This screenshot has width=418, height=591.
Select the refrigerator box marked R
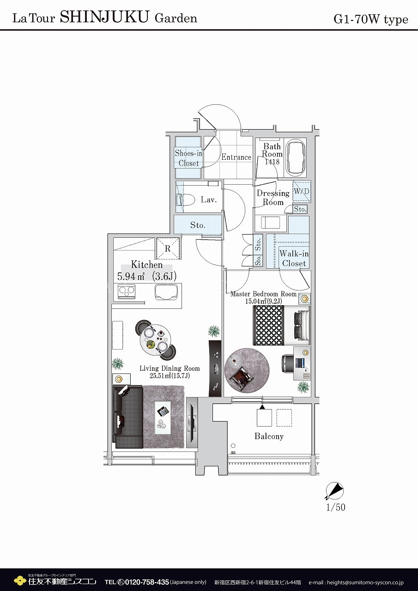pos(168,248)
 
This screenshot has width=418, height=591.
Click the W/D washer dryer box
pos(302,191)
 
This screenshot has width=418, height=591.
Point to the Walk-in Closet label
pos(294,258)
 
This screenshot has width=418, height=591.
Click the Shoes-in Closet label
pos(188,158)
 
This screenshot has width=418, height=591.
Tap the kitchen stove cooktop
pos(127,291)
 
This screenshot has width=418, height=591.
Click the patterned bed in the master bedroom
pos(281,326)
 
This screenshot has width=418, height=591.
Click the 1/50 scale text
pos(336,507)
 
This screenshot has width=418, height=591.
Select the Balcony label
pos(269,436)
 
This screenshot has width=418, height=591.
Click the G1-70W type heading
pos(371,19)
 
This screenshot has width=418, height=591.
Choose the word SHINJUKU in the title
pos(104,17)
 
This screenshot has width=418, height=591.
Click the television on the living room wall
pos(192,422)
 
